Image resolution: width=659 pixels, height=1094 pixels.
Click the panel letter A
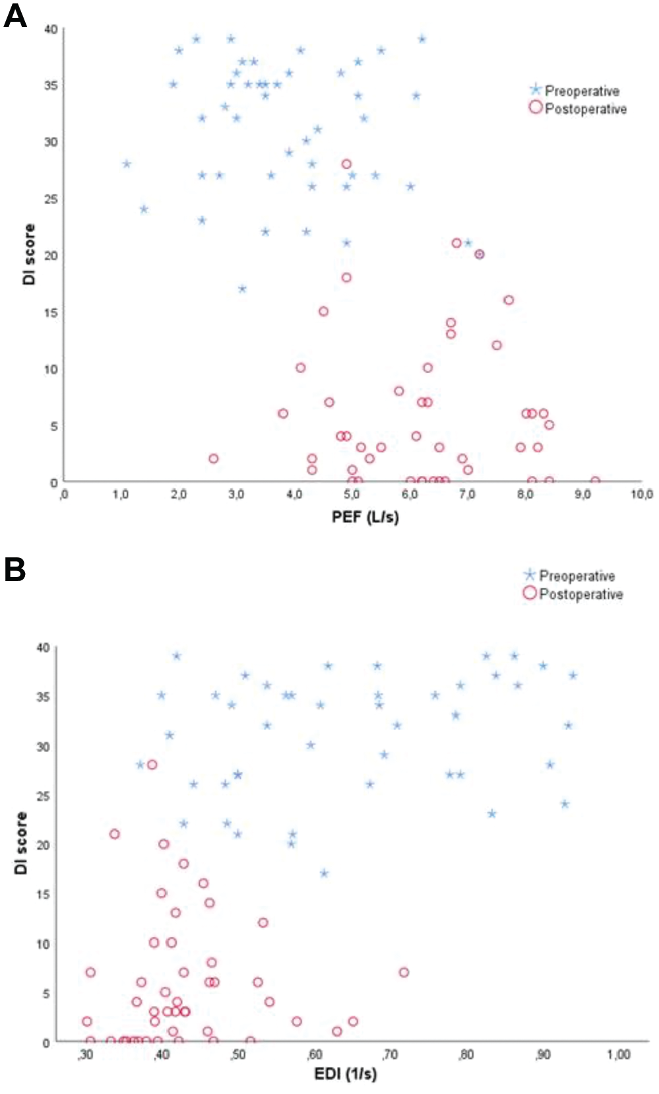pos(15,16)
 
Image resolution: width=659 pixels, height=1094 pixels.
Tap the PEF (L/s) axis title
pos(365,516)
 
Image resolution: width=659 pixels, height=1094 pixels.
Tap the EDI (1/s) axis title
pos(345,1074)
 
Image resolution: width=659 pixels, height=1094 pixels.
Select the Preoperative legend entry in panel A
pos(575,90)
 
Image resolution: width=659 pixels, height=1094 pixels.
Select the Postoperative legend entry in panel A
pos(578,108)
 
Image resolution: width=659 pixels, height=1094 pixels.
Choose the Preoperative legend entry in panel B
pos(569,575)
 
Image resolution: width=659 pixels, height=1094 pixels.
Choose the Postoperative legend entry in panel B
pos(573,594)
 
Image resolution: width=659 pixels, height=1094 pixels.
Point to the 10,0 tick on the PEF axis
pos(641,495)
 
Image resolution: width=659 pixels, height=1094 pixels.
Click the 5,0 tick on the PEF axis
pos(352,495)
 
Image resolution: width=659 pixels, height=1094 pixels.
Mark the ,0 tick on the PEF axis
pos(64,495)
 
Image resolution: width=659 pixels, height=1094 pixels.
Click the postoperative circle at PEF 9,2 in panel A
pos(595,481)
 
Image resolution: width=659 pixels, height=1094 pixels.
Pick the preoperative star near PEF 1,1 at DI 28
pos(127,164)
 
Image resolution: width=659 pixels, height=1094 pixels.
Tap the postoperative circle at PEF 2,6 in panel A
pos(213,458)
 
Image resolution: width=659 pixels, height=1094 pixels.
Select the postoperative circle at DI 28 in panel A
pos(346,164)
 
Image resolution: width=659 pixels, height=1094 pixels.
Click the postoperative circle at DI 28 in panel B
pos(152,765)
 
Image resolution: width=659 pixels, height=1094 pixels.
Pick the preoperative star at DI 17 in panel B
pos(324,873)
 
